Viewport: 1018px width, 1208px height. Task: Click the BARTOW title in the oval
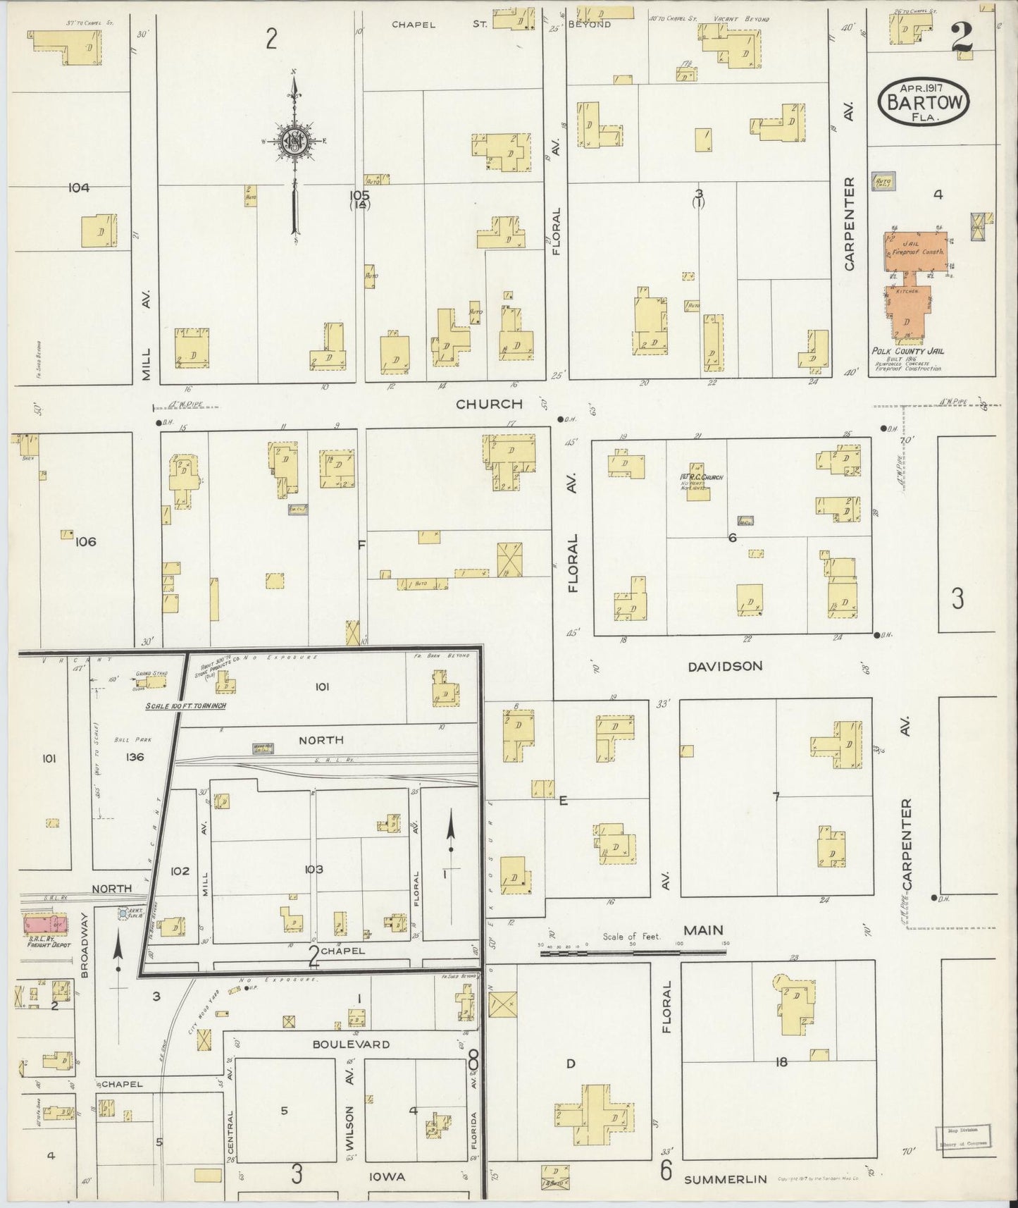(x=924, y=103)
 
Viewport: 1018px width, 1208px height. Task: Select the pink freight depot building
(x=44, y=923)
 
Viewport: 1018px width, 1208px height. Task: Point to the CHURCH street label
(x=489, y=404)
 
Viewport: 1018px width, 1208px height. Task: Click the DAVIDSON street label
(x=725, y=665)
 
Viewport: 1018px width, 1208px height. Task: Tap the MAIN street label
(x=703, y=930)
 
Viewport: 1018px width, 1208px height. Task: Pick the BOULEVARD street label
(x=351, y=1044)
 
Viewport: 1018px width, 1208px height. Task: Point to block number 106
(x=85, y=542)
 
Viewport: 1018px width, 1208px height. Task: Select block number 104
(x=79, y=187)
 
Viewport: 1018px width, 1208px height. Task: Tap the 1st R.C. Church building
(x=697, y=483)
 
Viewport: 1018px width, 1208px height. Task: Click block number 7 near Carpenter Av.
(x=776, y=797)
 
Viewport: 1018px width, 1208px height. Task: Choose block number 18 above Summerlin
(x=780, y=1061)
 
